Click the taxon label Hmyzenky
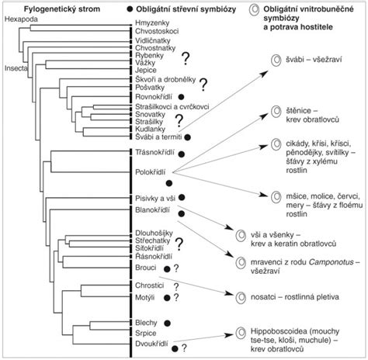152,23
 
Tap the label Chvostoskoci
157,31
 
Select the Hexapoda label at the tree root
21,19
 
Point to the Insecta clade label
16,68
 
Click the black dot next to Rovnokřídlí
181,97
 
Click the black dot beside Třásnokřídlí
182,154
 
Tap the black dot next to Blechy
168,323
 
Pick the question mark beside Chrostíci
176,286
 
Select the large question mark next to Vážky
186,58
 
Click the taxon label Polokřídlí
151,172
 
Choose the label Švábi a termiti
158,137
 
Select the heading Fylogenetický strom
62,9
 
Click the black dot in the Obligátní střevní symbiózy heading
130,9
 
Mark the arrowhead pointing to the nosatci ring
229,293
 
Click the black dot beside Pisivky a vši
182,198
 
